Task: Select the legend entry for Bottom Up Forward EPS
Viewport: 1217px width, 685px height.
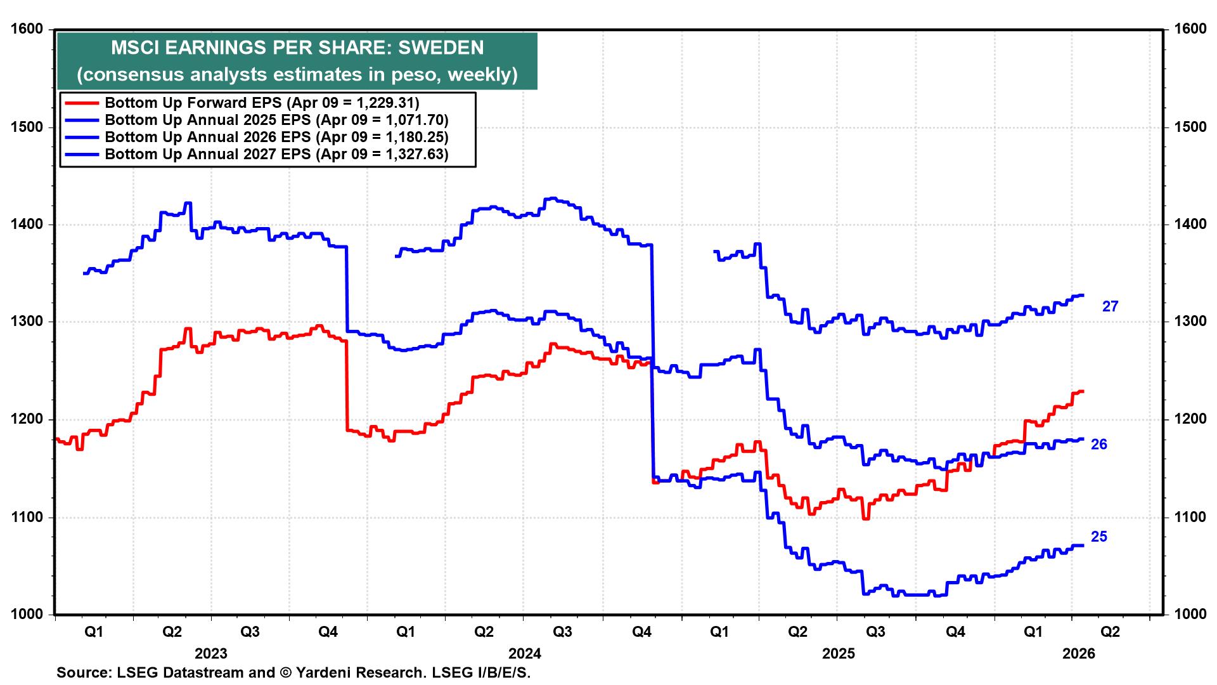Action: [261, 103]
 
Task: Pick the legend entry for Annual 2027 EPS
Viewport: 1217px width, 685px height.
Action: [276, 154]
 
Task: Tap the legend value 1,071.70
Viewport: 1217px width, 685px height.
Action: [414, 120]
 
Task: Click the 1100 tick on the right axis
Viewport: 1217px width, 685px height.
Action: [1189, 517]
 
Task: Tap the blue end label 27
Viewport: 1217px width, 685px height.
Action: [1111, 306]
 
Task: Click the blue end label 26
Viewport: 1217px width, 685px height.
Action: [1099, 445]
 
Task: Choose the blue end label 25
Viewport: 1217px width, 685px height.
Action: [1099, 537]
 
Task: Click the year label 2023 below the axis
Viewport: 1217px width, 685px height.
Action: [211, 653]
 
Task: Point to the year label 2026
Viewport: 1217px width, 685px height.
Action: [1079, 653]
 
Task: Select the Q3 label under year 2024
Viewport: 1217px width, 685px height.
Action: [562, 632]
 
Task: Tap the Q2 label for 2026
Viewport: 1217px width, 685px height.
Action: [1110, 632]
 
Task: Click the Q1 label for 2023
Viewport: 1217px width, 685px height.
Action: [93, 632]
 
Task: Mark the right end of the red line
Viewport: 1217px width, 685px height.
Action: [1083, 391]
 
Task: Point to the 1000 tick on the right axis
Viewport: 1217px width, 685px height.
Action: [1189, 614]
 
